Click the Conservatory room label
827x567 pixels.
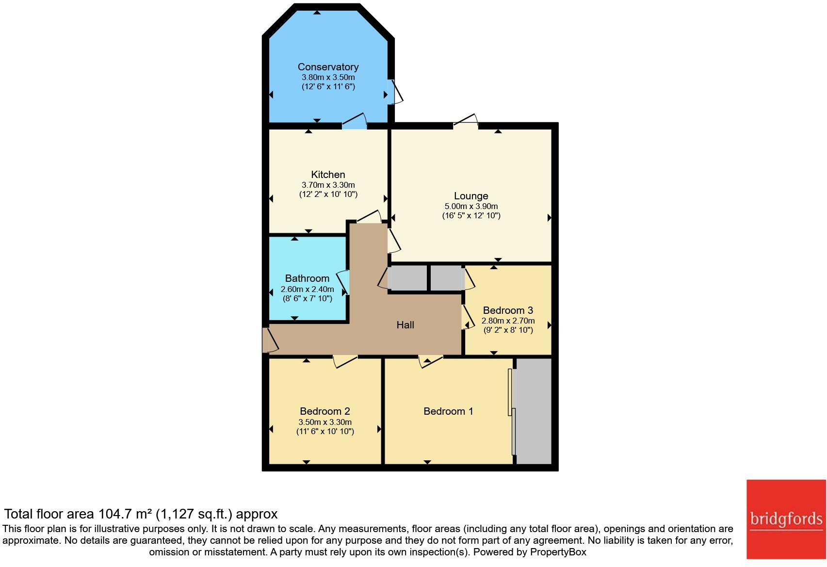point(328,67)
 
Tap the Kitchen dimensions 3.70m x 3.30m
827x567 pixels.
point(328,185)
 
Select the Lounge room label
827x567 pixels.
point(471,196)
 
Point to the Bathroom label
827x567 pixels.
point(307,278)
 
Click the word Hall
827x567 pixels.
point(405,325)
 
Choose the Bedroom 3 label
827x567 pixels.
point(508,310)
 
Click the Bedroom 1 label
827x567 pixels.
point(448,411)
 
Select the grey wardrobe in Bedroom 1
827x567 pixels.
point(534,411)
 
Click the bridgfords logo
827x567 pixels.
point(786,519)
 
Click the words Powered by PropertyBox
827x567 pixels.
point(530,552)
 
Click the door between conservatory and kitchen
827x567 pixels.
point(355,122)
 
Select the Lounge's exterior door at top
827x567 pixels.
point(466,122)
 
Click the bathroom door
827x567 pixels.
point(344,282)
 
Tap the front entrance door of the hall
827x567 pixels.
point(269,340)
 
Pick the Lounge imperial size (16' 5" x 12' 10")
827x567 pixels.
point(471,216)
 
